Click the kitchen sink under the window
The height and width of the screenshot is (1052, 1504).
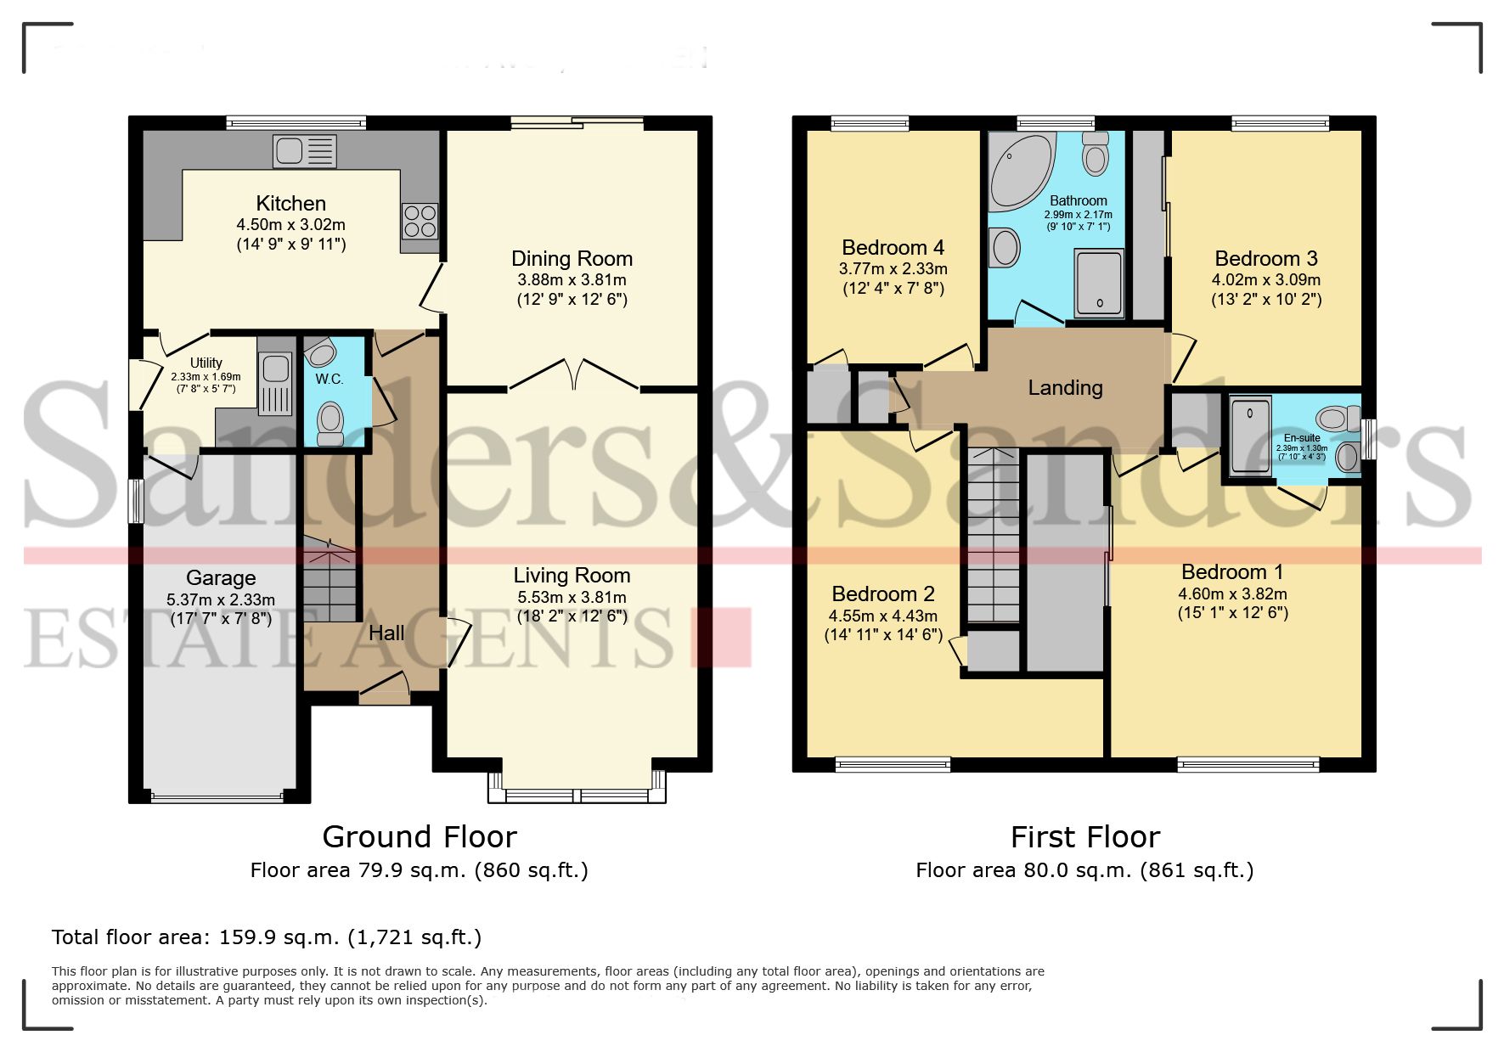coord(304,152)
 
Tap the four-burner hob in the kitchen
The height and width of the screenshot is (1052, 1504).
coord(420,222)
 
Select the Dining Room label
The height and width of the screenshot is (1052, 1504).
coord(572,258)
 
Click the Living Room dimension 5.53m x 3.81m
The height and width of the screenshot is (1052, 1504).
coord(572,598)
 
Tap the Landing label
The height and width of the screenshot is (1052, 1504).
coord(1065,388)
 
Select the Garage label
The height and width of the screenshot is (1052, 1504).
coord(221,577)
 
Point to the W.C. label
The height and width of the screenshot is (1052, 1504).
coord(330,379)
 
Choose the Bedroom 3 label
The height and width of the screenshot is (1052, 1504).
coord(1265,258)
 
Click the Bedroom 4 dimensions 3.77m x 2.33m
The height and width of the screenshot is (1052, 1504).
coord(893,268)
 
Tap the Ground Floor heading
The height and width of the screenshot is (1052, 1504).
coord(420,837)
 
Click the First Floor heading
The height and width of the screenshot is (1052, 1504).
coord(1084,837)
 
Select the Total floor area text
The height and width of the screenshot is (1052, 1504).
coord(267,937)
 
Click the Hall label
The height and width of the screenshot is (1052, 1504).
coord(386,633)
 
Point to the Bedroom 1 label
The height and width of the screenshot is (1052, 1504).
coord(1231,572)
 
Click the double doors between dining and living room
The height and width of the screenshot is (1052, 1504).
coord(574,374)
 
